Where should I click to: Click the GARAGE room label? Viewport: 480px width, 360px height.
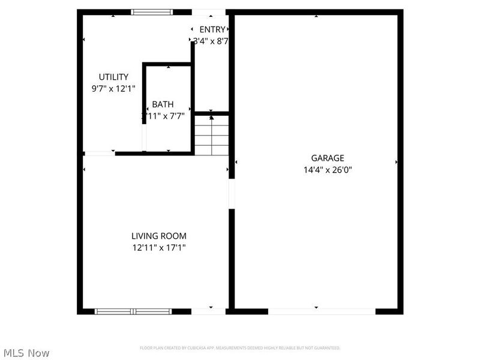coord(331,158)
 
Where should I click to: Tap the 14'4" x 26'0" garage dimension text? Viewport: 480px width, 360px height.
coord(328,170)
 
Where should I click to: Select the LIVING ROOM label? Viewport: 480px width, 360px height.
coord(159,236)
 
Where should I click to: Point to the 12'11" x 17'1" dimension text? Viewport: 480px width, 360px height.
coord(159,247)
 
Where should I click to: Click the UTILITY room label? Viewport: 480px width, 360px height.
coord(113,77)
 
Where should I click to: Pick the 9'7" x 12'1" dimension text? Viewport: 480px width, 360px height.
coord(109,88)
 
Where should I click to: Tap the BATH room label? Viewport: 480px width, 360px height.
coord(163,104)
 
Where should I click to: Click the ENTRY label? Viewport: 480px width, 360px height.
coord(212,29)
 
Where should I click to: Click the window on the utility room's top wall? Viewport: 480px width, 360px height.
coord(152,11)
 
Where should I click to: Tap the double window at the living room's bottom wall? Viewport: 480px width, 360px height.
coord(133,311)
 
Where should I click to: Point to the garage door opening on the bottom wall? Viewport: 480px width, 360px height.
coord(322,311)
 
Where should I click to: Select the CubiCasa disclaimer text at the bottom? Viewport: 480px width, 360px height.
coord(240,347)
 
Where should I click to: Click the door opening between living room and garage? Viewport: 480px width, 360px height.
coord(232,194)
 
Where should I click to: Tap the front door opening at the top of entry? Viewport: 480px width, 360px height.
coord(209,12)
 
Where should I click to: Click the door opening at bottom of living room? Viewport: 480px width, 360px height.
coord(210,311)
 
